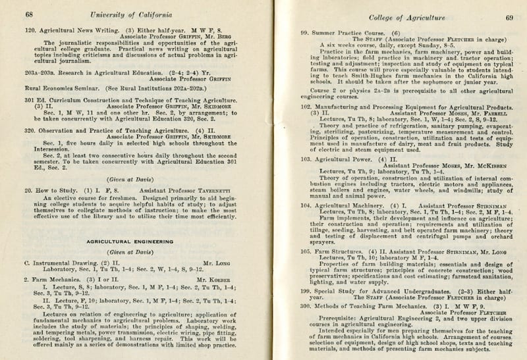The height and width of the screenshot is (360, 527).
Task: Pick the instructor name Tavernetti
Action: (186, 190)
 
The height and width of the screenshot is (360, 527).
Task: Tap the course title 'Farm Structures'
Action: (341, 251)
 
